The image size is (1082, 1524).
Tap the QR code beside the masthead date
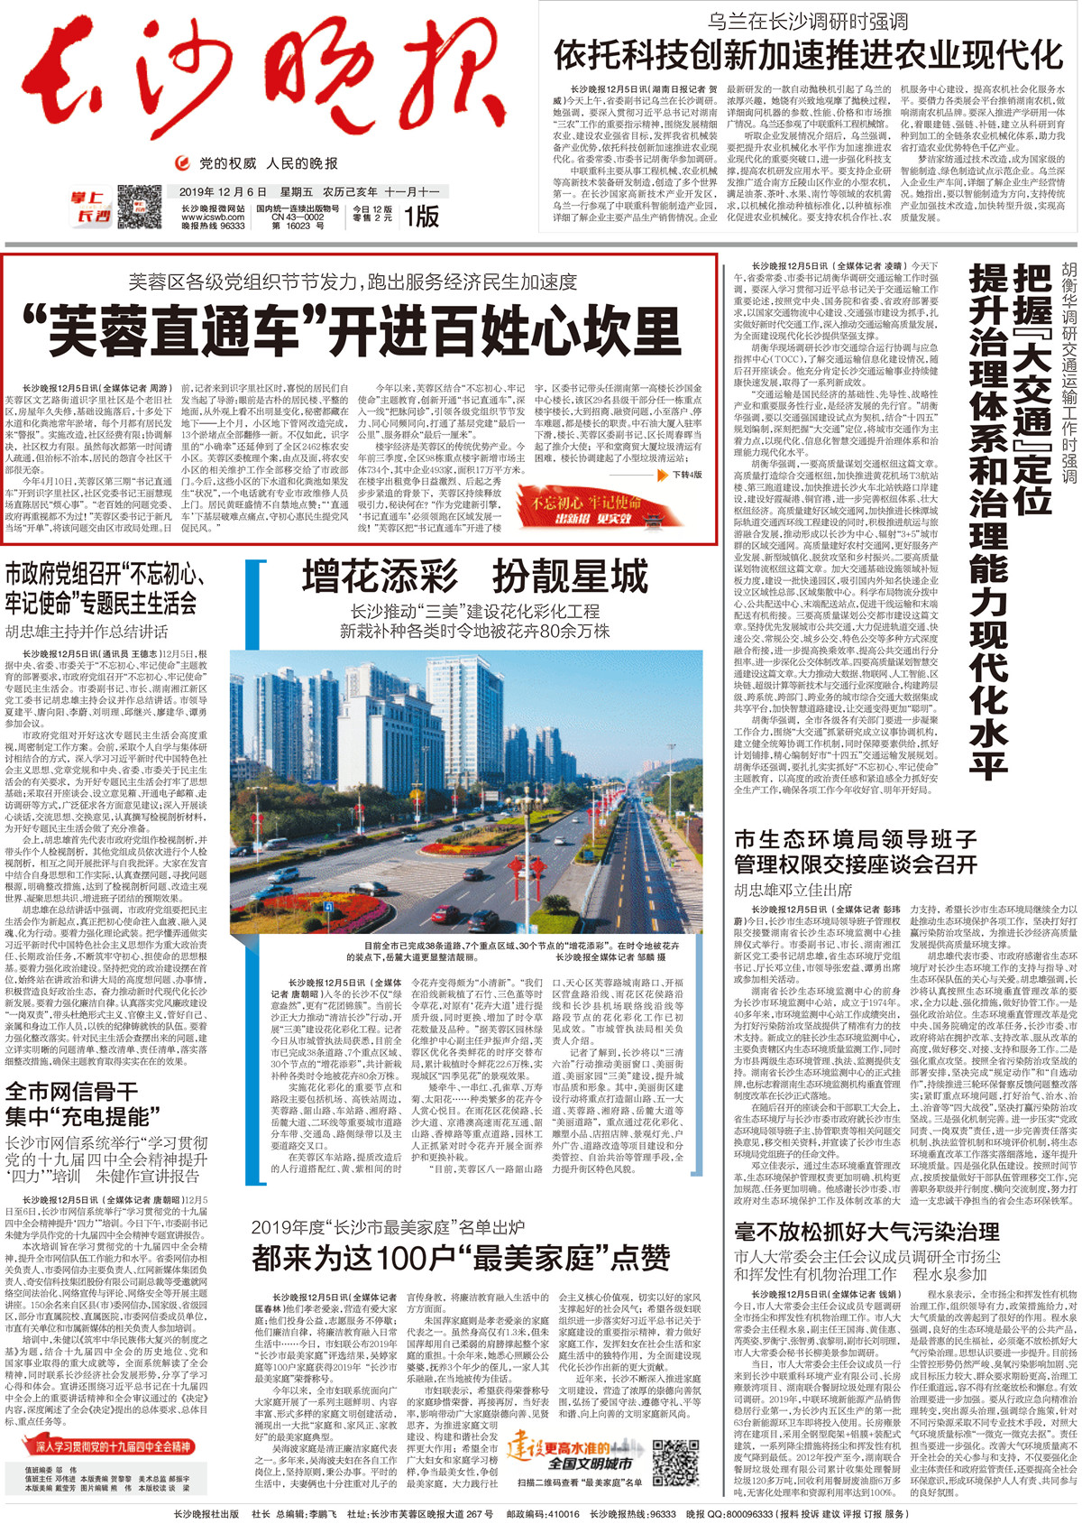(139, 207)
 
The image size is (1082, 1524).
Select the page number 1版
(421, 217)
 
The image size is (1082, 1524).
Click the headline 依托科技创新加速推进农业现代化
(808, 55)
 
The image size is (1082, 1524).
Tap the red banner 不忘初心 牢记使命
(587, 505)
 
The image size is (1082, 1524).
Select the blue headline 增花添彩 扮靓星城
(475, 576)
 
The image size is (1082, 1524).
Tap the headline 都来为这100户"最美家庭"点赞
(461, 1256)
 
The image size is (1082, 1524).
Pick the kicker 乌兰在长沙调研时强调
(807, 21)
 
